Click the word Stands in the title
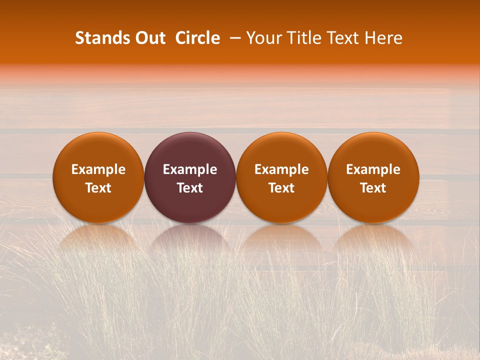click(101, 38)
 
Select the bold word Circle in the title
click(197, 38)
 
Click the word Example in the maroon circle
click(190, 169)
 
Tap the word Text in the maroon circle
click(190, 188)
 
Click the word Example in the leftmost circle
click(98, 169)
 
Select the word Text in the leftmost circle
click(98, 188)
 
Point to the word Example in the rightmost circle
click(373, 169)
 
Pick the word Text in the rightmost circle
click(373, 188)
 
